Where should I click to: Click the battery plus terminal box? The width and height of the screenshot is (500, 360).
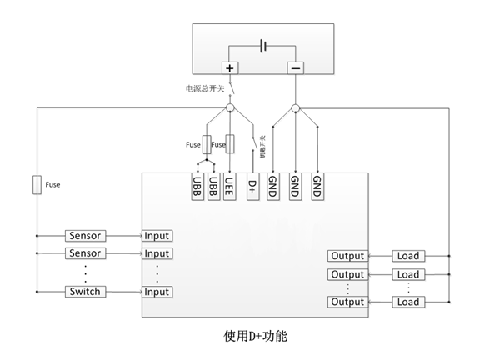point(230,67)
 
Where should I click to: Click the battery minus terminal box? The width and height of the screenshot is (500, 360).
point(296,67)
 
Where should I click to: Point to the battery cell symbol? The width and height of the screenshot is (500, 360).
point(264,46)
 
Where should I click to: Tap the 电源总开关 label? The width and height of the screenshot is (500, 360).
point(205,87)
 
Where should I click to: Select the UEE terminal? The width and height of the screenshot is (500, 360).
point(229,186)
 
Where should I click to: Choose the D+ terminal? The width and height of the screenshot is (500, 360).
point(252,186)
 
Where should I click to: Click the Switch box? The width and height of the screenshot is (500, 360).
point(85,292)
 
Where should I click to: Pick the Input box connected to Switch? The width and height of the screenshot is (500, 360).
point(157,292)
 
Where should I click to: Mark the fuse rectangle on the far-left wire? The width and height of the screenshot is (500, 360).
point(37,184)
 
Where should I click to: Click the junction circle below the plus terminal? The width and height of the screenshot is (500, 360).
point(230,108)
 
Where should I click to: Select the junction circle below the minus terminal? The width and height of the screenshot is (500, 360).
point(296,108)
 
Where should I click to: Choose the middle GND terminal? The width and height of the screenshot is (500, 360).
point(295,186)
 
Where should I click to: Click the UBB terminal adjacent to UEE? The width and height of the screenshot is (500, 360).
point(213,186)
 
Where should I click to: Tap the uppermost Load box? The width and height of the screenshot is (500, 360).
point(408,256)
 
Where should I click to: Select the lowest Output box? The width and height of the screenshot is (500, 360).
point(347,302)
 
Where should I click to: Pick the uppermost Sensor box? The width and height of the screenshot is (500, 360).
point(85,236)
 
